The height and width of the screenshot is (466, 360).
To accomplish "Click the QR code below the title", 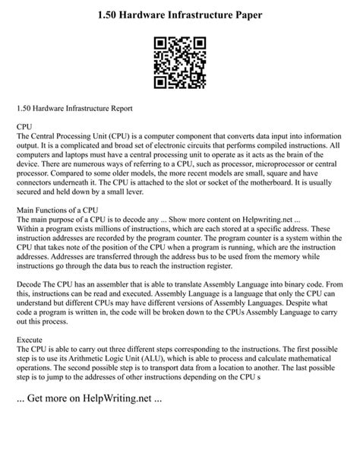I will tap(180, 62).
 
